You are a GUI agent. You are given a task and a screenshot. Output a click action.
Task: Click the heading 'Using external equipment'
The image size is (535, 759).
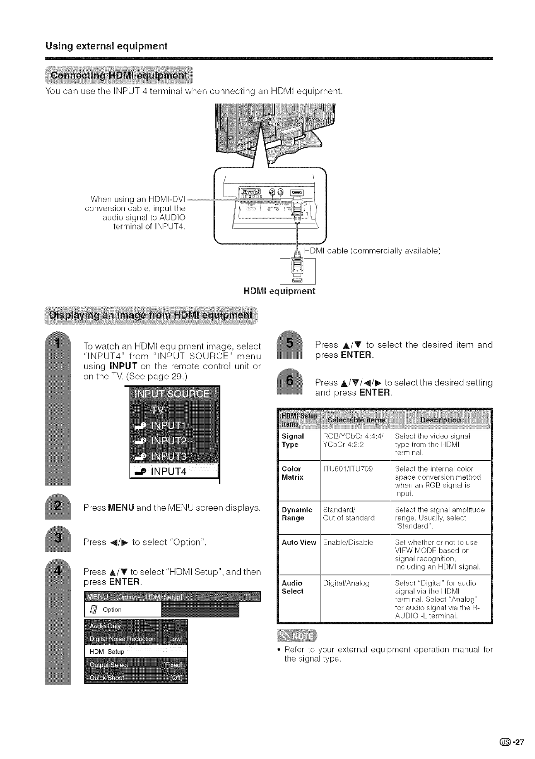[x=106, y=46]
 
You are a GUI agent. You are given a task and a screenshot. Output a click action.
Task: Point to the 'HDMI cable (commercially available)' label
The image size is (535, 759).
[x=372, y=251]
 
